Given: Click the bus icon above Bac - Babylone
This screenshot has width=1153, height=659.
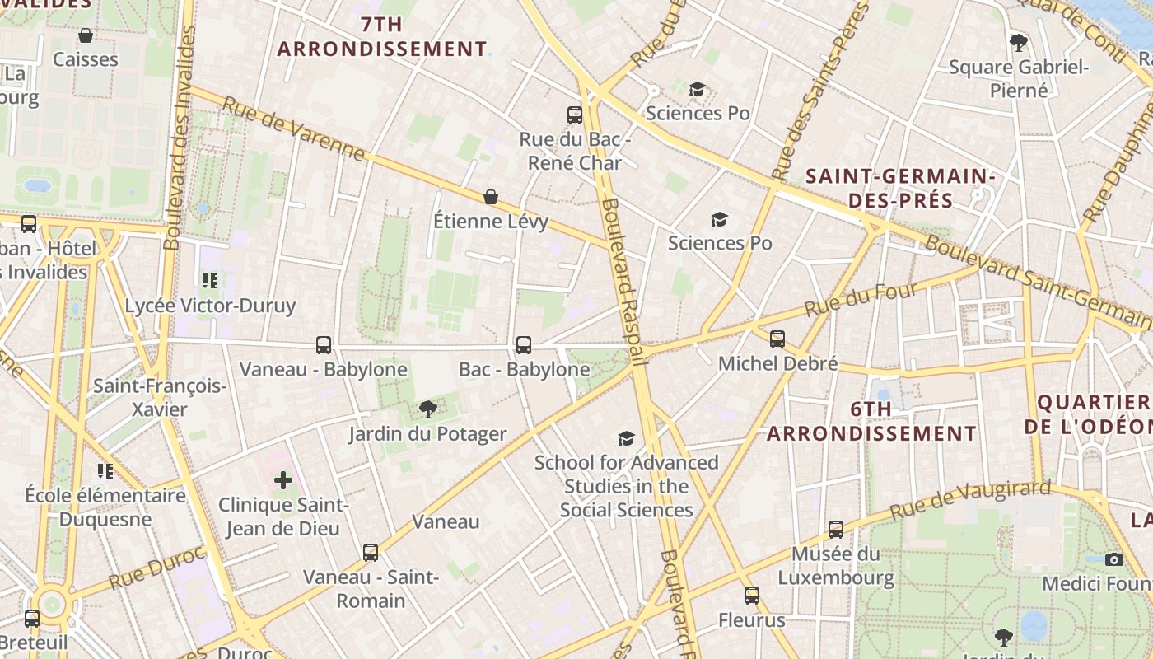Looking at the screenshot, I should point(523,344).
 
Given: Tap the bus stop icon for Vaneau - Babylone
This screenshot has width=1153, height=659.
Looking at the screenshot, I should point(324,344).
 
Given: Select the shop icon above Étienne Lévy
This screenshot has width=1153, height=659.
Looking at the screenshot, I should point(491,196).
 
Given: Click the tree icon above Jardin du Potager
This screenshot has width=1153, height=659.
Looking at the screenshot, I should point(427,409).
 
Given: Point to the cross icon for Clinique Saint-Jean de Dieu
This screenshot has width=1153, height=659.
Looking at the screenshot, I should point(283,479).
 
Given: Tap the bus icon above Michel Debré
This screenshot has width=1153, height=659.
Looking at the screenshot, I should point(777,339).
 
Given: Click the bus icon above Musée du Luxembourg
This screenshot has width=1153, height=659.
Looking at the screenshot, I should point(836,529).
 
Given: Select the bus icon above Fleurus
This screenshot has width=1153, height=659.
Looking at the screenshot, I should point(752,595).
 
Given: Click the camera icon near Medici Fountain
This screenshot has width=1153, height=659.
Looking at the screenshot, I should point(1114,559).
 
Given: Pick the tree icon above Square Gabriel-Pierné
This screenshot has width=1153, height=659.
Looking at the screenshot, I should point(1019,42).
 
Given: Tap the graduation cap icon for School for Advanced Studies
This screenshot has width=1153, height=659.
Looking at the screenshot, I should point(627,438).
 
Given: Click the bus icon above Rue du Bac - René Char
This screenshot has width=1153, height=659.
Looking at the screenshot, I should point(575,115).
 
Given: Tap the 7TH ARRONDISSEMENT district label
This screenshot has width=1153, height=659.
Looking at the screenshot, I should point(382,36).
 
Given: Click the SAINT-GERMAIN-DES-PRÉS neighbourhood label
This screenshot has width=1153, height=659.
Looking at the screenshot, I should point(900,188).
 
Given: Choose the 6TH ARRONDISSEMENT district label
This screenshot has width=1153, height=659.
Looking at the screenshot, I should point(872,421).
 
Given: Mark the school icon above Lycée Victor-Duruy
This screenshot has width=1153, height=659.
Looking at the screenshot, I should point(210,281).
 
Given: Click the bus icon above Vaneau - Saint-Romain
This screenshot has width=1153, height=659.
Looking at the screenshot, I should point(371,552).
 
